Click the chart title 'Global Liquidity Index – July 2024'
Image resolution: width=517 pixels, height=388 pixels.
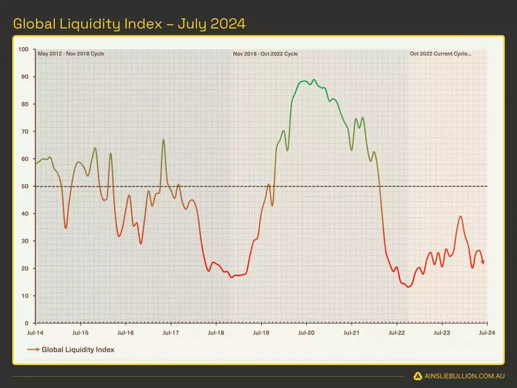tap(129, 24)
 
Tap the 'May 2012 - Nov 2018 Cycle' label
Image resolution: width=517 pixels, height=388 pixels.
tap(64, 54)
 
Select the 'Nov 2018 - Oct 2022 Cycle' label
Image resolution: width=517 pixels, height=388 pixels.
tap(265, 54)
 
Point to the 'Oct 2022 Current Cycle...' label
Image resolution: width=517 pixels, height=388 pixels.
tap(440, 54)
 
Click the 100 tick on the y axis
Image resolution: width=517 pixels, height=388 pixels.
tap(23, 50)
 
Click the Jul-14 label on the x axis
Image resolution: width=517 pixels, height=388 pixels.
tap(35, 333)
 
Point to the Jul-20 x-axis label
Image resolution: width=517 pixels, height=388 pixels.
tap(306, 333)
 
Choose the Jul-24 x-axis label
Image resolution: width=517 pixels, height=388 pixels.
tap(487, 333)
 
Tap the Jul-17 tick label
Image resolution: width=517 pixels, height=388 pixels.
tap(171, 333)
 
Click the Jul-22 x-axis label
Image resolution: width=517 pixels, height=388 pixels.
tap(397, 333)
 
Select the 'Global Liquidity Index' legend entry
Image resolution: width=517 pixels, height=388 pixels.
tap(78, 350)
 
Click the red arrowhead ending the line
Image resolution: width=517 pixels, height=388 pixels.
tap(483, 262)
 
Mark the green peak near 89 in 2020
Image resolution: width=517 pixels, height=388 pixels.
tap(314, 80)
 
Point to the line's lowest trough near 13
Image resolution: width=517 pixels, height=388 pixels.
tap(408, 287)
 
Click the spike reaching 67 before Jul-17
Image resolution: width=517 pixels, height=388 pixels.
tap(163, 140)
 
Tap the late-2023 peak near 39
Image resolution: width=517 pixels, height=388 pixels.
tap(460, 217)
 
